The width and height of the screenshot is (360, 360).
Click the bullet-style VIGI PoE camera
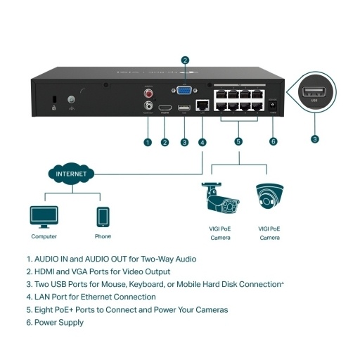(x=219, y=200)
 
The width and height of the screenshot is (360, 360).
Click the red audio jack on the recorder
(x=148, y=91)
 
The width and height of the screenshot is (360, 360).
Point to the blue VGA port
(x=184, y=90)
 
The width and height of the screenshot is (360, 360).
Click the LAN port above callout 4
(x=202, y=107)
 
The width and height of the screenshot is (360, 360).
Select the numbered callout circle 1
(x=148, y=141)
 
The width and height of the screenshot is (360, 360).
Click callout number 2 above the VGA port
(x=184, y=60)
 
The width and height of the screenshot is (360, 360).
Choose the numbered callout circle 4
(x=202, y=141)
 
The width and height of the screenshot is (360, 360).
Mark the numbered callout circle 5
(x=238, y=141)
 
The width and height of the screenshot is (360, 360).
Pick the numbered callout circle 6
(x=274, y=141)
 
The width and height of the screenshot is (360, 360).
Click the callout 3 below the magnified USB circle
(x=314, y=139)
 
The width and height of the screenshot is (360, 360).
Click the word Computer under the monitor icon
(x=44, y=237)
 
